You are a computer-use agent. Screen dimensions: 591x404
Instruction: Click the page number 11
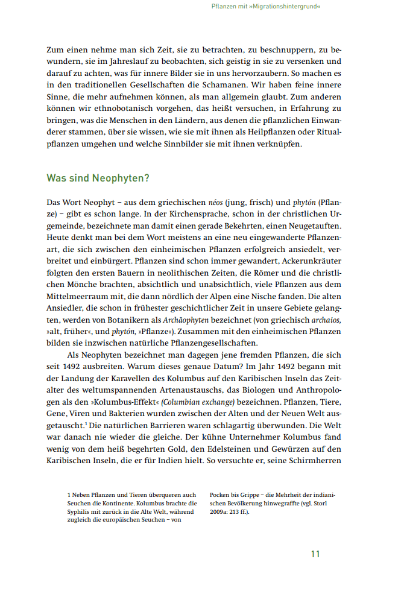(315, 554)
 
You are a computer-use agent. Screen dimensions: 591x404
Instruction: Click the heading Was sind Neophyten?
(98, 179)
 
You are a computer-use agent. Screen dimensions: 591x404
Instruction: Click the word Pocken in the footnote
(220, 495)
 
